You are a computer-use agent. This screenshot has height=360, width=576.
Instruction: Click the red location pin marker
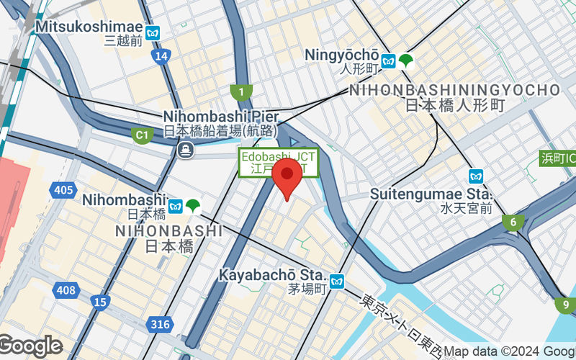click(289, 177)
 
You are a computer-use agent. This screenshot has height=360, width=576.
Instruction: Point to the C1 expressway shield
click(141, 134)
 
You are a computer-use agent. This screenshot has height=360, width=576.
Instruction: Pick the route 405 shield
click(63, 190)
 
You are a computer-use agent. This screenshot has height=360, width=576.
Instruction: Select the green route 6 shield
click(513, 222)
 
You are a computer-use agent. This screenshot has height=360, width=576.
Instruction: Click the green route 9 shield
click(566, 305)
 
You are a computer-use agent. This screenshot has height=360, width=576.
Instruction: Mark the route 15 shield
click(100, 302)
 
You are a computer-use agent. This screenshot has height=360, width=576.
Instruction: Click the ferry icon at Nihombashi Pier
click(185, 150)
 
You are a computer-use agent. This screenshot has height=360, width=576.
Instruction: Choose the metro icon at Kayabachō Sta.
click(338, 280)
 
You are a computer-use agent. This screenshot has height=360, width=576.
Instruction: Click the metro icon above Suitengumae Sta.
click(475, 176)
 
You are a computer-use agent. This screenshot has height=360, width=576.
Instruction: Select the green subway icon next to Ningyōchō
click(407, 61)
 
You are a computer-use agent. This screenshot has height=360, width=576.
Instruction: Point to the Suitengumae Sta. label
click(431, 194)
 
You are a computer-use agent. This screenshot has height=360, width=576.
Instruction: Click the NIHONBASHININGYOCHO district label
click(454, 90)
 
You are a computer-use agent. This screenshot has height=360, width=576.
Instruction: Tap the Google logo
click(30, 346)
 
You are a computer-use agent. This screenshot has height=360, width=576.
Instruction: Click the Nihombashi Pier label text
click(216, 116)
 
